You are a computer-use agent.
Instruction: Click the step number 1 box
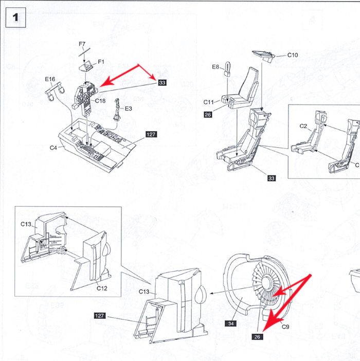(x=15, y=17)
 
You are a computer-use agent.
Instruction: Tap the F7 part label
(x=82, y=44)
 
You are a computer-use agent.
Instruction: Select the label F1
(x=101, y=62)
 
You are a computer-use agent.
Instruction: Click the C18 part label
(x=100, y=101)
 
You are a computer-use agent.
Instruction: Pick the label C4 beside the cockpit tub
(x=53, y=148)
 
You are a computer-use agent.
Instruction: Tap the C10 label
(x=293, y=55)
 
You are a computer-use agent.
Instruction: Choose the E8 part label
(x=216, y=66)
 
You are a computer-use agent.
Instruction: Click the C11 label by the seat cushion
(x=209, y=102)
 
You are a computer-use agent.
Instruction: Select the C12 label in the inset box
(x=102, y=288)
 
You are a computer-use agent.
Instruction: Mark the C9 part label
(x=286, y=326)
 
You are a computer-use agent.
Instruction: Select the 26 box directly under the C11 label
(x=208, y=114)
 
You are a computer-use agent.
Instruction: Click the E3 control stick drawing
(x=118, y=111)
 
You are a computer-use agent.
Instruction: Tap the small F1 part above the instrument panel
(x=88, y=65)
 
